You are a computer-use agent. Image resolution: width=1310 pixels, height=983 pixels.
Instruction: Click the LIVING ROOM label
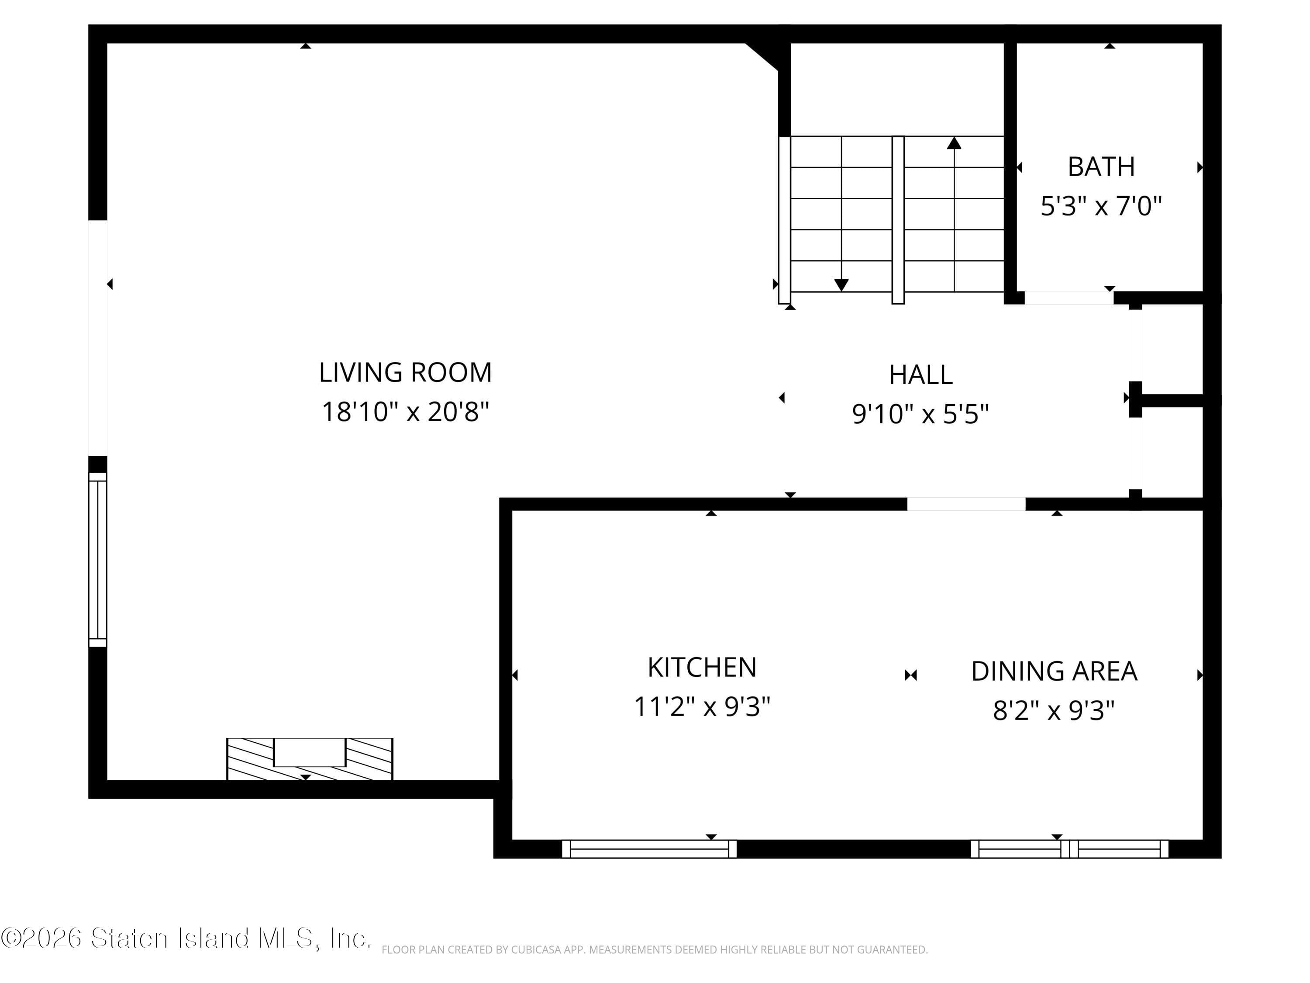[x=405, y=373]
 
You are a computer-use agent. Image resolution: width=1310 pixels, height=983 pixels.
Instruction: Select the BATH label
[x=1101, y=167]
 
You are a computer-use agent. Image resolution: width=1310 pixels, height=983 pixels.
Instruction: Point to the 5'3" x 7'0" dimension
[x=1101, y=206]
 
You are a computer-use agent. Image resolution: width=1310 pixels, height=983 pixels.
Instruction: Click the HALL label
[x=920, y=374]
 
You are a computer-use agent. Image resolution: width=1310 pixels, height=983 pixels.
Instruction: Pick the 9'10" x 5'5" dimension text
[x=920, y=414]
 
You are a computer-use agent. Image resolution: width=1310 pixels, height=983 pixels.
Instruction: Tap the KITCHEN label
[x=702, y=667]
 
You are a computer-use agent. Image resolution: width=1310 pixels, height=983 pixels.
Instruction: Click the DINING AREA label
[x=1054, y=671]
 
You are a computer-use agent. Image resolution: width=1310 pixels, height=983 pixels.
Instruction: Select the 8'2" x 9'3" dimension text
[x=1054, y=710]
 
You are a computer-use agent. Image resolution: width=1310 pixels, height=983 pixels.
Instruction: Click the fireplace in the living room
[x=310, y=758]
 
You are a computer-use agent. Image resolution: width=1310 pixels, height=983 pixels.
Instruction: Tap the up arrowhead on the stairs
[x=954, y=143]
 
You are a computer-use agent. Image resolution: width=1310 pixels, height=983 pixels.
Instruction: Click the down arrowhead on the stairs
[x=841, y=285]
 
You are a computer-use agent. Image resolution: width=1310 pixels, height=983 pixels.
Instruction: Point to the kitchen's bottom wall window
[x=649, y=848]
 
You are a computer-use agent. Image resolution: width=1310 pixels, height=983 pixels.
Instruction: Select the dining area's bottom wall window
[x=1069, y=848]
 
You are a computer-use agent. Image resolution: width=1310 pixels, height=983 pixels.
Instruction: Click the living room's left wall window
[x=98, y=559]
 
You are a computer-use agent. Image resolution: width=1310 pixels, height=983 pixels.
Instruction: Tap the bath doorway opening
[x=1069, y=298]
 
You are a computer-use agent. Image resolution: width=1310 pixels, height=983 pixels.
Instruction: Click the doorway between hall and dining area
[x=966, y=504]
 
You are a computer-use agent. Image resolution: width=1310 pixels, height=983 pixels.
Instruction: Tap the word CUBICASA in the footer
[x=535, y=950]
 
